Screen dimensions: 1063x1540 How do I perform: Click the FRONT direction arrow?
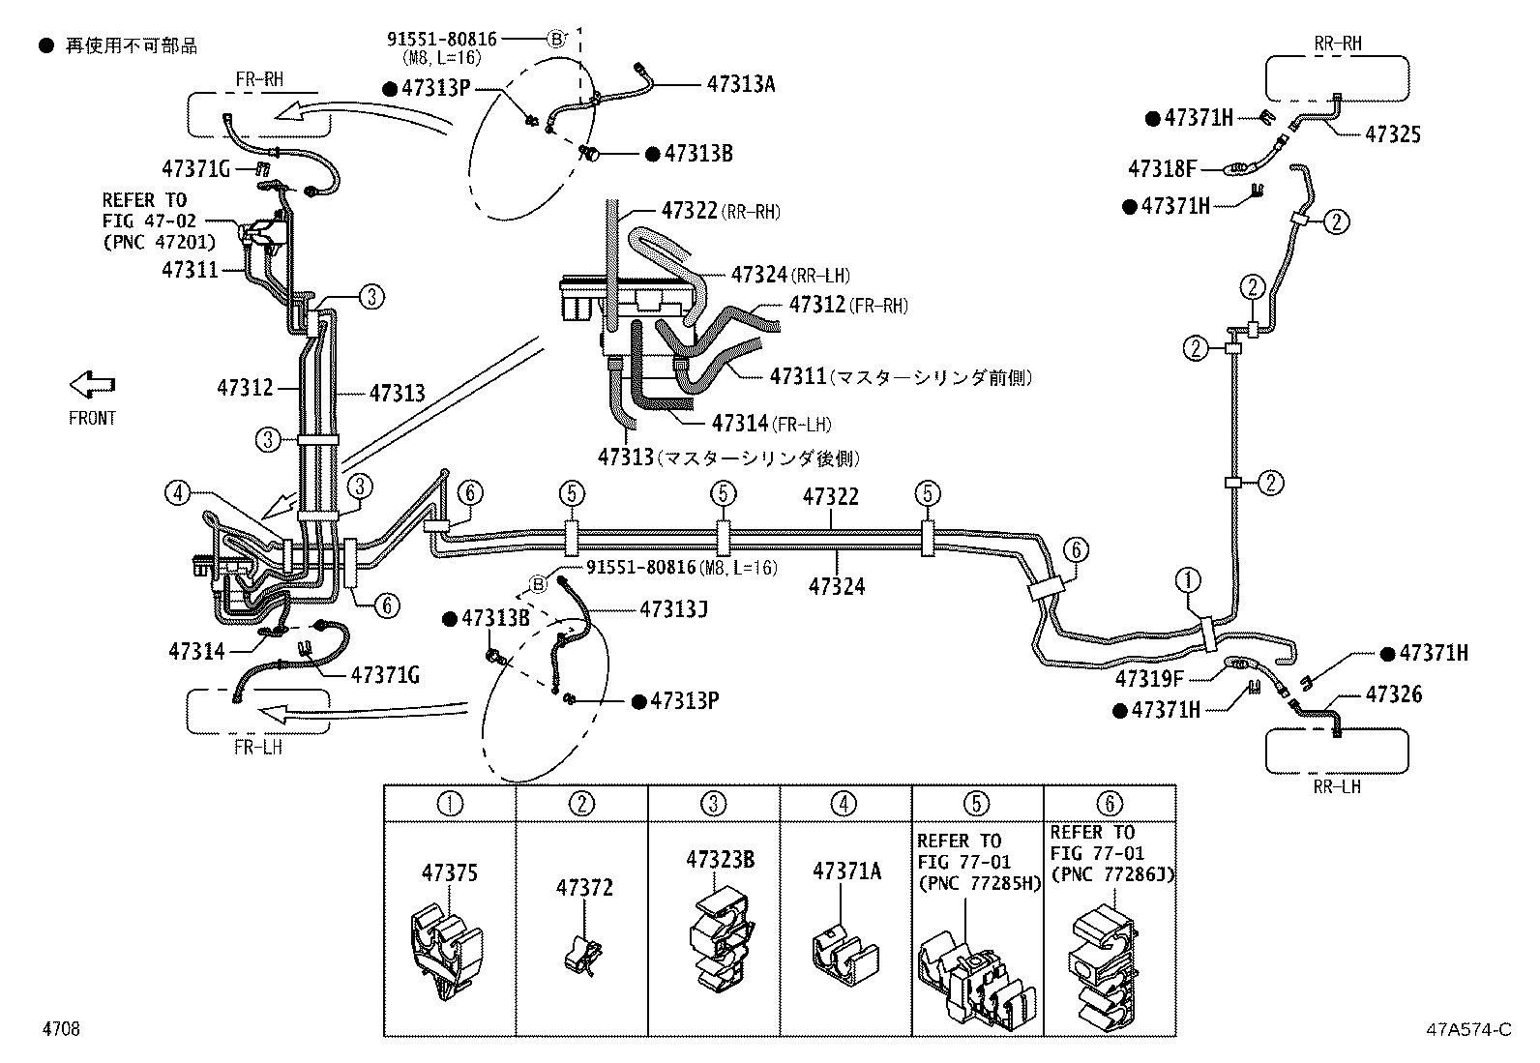[92, 385]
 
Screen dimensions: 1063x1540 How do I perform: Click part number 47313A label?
[740, 84]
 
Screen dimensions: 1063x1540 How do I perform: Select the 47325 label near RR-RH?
[1392, 134]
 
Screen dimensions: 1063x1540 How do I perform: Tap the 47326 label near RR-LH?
[1393, 694]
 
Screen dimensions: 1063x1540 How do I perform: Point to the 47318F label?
[1162, 169]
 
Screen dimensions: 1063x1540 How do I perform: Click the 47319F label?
[1149, 678]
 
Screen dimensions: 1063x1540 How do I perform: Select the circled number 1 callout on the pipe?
[1187, 580]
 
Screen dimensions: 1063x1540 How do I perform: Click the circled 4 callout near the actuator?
[176, 493]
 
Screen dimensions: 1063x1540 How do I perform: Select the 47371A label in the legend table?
[846, 871]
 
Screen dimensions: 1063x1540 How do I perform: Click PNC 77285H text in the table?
[977, 883]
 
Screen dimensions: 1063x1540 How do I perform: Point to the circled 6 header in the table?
[1110, 804]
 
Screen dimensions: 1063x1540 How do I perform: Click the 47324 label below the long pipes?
[837, 586]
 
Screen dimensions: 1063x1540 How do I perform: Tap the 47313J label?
[673, 608]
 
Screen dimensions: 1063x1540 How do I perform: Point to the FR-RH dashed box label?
[259, 79]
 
